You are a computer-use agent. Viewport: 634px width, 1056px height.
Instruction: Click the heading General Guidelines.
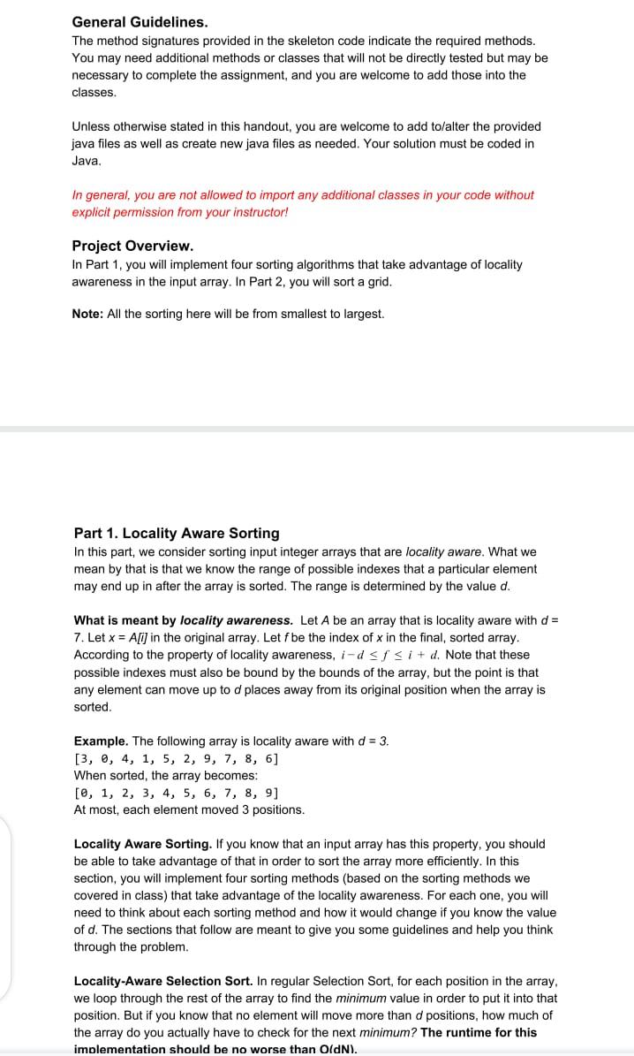140,21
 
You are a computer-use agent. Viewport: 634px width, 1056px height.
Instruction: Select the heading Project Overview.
132,246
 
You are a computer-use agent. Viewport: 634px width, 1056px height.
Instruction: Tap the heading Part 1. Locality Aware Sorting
177,533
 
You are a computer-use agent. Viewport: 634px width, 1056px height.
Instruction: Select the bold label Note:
87,314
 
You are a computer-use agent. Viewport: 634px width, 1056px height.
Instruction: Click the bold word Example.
101,741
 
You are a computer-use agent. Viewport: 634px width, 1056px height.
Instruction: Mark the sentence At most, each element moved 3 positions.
189,809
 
